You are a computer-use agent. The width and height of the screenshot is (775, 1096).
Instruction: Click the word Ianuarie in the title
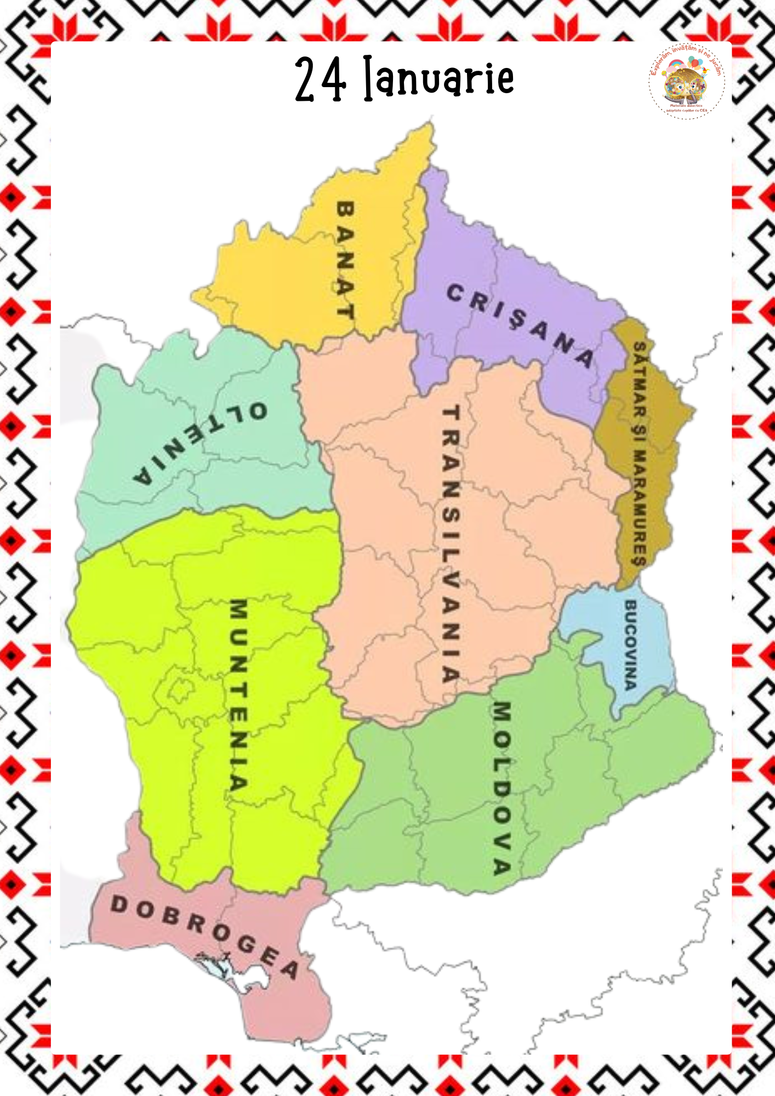pyautogui.click(x=439, y=78)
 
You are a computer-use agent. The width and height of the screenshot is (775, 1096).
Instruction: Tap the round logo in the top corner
pyautogui.click(x=687, y=82)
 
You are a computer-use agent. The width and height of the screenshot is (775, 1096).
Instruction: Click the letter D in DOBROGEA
pyautogui.click(x=118, y=905)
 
